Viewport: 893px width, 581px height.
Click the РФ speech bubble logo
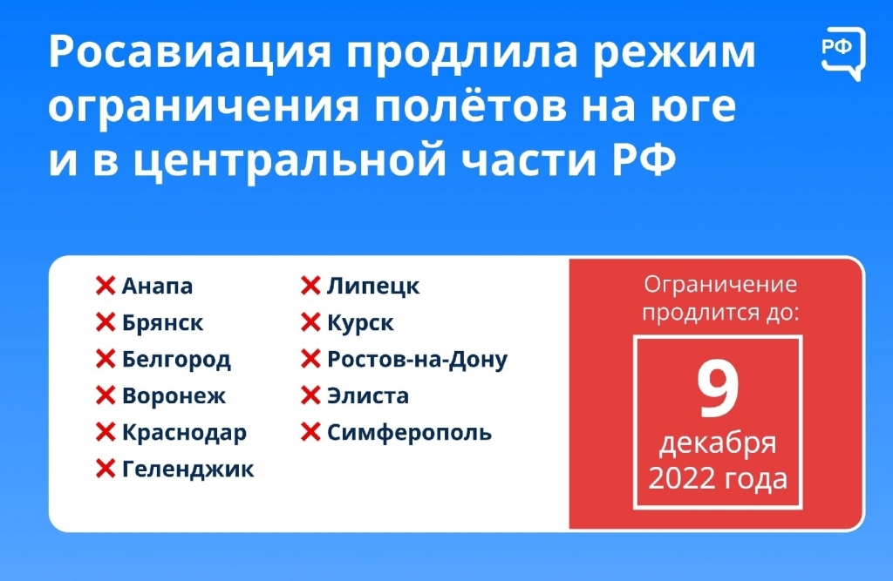pos(843,53)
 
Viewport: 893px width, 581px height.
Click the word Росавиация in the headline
pos(189,52)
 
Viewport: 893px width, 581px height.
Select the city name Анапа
pos(157,286)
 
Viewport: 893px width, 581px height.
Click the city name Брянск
pos(162,322)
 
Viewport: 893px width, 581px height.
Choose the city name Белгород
pos(176,360)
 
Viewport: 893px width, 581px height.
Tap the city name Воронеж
pos(174,395)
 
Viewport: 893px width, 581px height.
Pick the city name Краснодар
pos(184,432)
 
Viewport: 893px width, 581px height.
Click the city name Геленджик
pos(187,469)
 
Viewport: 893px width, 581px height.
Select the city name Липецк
pos(373,286)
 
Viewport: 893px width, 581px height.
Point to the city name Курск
pos(360,322)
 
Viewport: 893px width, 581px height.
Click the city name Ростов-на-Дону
pos(417,360)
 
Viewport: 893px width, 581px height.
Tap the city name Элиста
pos(367,395)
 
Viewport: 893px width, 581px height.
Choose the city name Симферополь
pos(409,432)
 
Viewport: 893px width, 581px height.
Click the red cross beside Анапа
pos(106,286)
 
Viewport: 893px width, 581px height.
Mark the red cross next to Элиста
pos(310,395)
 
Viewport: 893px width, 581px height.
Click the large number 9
pos(719,390)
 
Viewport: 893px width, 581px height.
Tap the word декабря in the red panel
pos(718,443)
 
